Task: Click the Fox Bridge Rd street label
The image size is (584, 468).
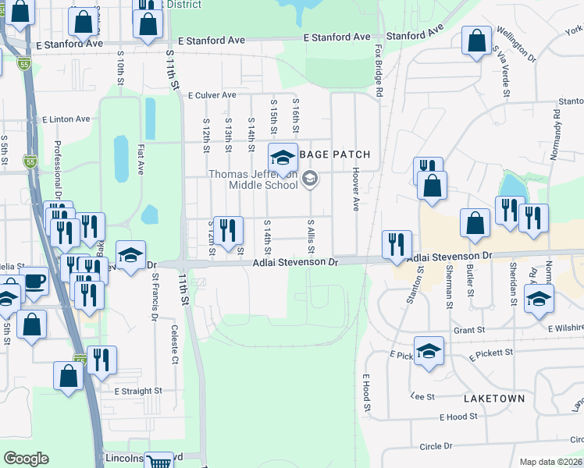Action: point(379,80)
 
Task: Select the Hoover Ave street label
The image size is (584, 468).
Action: point(355,189)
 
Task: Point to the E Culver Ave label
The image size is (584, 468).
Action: point(212,95)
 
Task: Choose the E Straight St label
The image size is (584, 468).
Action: point(137,390)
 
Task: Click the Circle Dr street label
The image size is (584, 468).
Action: point(436,446)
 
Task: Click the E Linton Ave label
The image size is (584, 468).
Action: point(66,119)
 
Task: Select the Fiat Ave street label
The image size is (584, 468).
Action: point(141,158)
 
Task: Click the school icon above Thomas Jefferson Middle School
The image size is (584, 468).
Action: point(283,158)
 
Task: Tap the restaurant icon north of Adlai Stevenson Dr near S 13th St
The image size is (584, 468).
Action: point(227,230)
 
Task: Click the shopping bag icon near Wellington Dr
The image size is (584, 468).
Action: point(476,41)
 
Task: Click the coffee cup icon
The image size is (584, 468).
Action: point(34,282)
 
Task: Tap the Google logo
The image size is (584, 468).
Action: point(26,459)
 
